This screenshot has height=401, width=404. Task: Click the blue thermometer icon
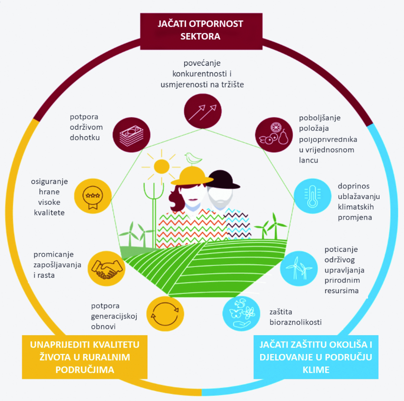coord(311,196)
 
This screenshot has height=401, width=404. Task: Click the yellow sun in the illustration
coord(156,168)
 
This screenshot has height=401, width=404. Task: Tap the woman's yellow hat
coord(192,177)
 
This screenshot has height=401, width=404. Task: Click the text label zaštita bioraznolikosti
coord(292,316)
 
